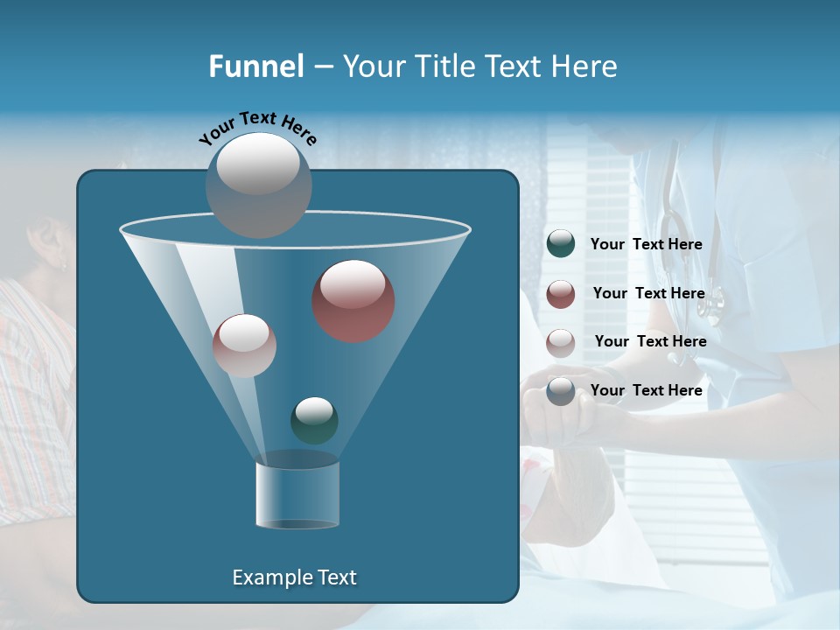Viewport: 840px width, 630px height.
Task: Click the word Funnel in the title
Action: (x=255, y=66)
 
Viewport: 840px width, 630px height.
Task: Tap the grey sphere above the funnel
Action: (x=259, y=184)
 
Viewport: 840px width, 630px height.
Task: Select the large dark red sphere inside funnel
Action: (x=353, y=300)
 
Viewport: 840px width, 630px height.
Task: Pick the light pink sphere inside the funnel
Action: (x=244, y=345)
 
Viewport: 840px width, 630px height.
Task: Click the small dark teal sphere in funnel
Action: (x=314, y=420)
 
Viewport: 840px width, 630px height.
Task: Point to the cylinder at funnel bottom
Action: (x=297, y=494)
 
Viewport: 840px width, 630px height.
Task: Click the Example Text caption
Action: (x=295, y=577)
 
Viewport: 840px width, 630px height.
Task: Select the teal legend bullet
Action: (x=561, y=244)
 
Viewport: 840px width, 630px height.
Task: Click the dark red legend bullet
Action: (x=561, y=294)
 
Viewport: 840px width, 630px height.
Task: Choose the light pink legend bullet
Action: (x=561, y=342)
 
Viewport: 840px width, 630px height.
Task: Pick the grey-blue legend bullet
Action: (x=561, y=391)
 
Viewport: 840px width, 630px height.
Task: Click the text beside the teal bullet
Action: (x=646, y=244)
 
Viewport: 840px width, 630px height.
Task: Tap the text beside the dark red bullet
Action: (x=648, y=293)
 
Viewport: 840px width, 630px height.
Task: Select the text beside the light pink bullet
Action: (x=650, y=341)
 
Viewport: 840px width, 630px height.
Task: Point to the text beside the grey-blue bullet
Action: (x=646, y=390)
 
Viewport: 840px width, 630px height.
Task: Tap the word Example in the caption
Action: (x=269, y=577)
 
